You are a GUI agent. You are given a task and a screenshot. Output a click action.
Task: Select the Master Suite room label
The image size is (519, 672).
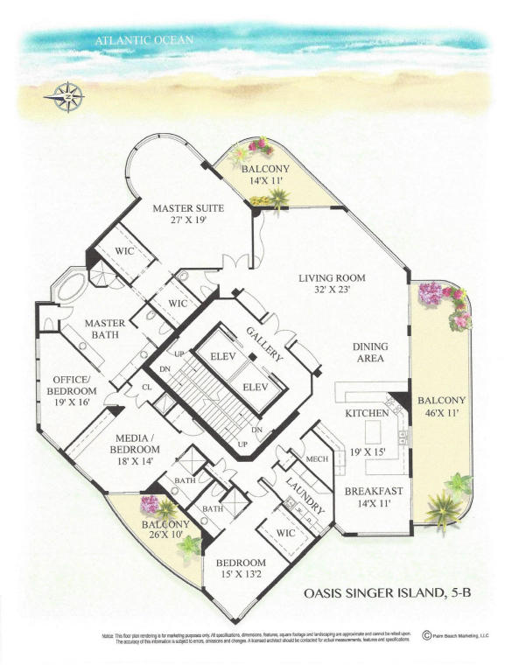click(188, 208)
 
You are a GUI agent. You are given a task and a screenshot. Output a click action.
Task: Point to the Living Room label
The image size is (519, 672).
click(332, 278)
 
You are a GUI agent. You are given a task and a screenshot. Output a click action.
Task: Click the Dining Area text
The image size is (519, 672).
click(369, 353)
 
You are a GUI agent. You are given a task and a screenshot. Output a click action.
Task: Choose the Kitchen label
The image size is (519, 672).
click(366, 412)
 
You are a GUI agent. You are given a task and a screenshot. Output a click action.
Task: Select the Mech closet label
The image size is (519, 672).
click(315, 458)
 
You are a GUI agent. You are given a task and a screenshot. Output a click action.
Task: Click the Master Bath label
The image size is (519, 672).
click(107, 330)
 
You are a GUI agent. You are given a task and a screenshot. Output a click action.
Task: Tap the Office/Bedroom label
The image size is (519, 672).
click(73, 385)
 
